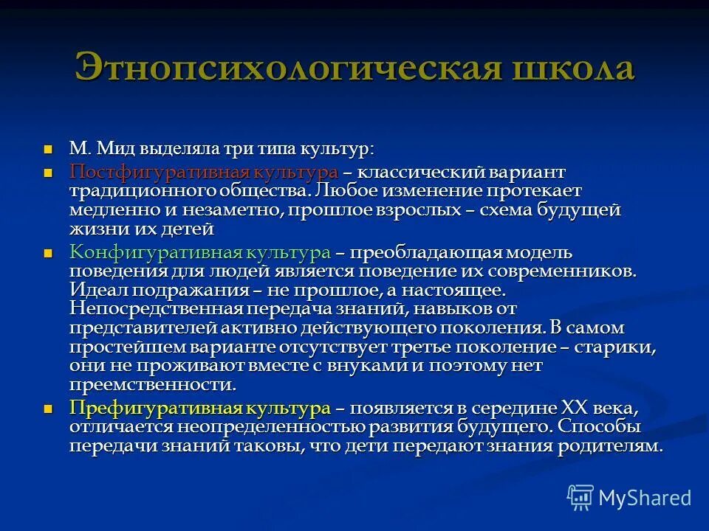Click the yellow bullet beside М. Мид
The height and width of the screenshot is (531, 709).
pos(49,148)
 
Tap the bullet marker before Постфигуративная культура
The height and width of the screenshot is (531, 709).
pos(49,172)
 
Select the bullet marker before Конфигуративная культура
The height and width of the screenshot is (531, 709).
pos(49,253)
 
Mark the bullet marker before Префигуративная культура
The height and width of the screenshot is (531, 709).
pos(49,409)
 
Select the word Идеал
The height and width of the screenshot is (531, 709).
pos(94,290)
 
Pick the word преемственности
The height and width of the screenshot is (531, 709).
pos(153,384)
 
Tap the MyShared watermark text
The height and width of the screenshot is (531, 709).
pos(645,497)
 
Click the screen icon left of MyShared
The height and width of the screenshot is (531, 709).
pos(580,497)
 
